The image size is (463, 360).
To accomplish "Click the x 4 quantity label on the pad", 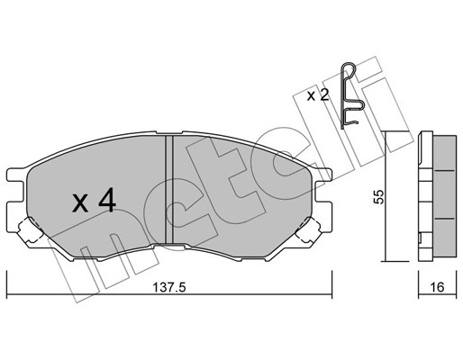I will tap(94, 202).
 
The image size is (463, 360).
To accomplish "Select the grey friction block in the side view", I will tap(444, 198).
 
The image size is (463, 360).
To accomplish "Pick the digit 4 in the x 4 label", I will tap(106, 202).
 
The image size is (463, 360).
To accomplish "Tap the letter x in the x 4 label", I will tap(80, 204).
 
